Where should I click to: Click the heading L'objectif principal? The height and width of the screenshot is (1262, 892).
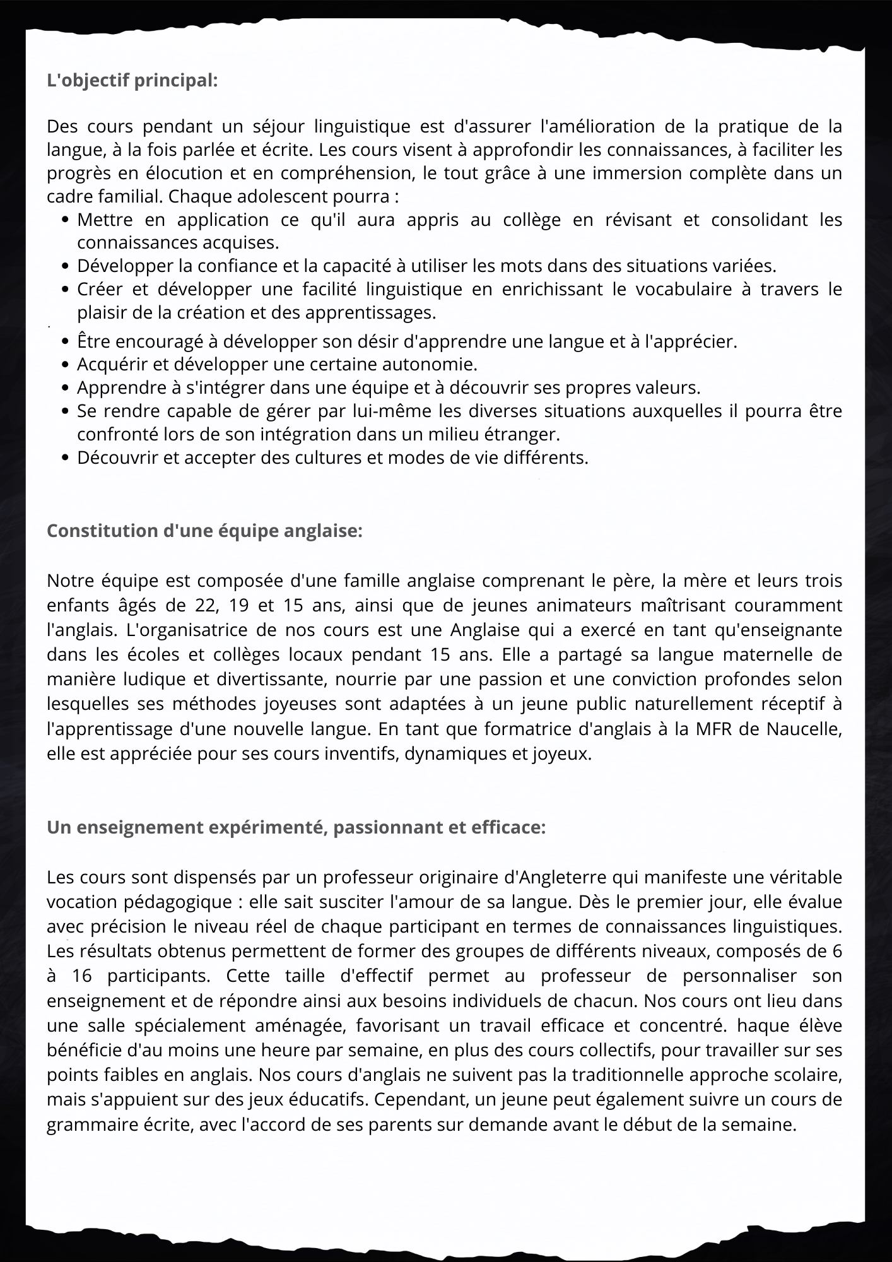[x=132, y=81]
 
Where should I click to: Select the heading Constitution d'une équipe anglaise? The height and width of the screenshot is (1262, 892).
[x=204, y=531]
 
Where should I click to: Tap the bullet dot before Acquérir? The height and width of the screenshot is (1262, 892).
[x=66, y=365]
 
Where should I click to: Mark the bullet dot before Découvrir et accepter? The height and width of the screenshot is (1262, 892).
[x=66, y=459]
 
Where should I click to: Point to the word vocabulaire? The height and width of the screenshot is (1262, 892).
[x=679, y=289]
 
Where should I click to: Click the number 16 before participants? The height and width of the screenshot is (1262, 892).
[x=82, y=976]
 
